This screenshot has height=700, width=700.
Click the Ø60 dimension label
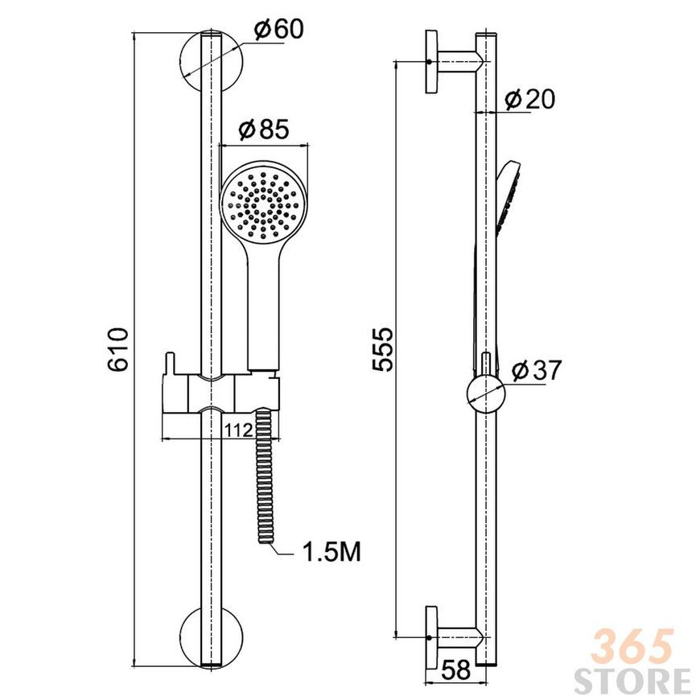[278, 29]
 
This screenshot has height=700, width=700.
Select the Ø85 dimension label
[264, 129]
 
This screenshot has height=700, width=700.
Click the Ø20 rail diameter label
[530, 99]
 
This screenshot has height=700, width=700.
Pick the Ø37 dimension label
[536, 370]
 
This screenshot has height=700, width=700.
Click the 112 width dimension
[239, 430]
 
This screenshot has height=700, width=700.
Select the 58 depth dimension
[456, 669]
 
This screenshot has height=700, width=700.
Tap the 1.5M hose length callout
[331, 552]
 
